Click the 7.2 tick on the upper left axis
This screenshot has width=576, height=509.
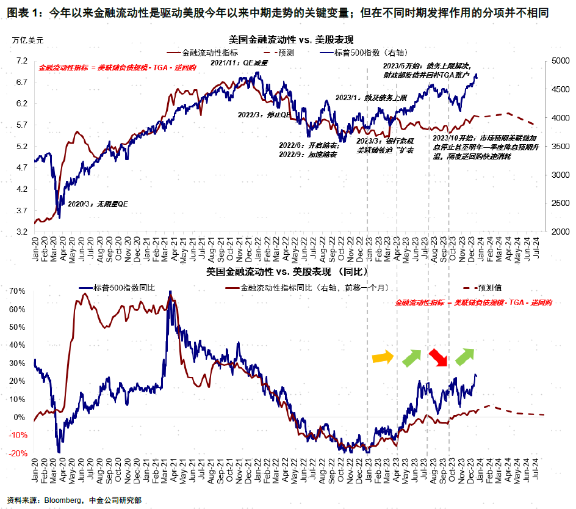[22, 60]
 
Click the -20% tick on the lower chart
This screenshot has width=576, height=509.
[18, 453]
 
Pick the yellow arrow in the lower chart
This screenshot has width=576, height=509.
[383, 356]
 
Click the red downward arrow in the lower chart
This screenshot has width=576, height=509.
[437, 357]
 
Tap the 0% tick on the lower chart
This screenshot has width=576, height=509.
[20, 417]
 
